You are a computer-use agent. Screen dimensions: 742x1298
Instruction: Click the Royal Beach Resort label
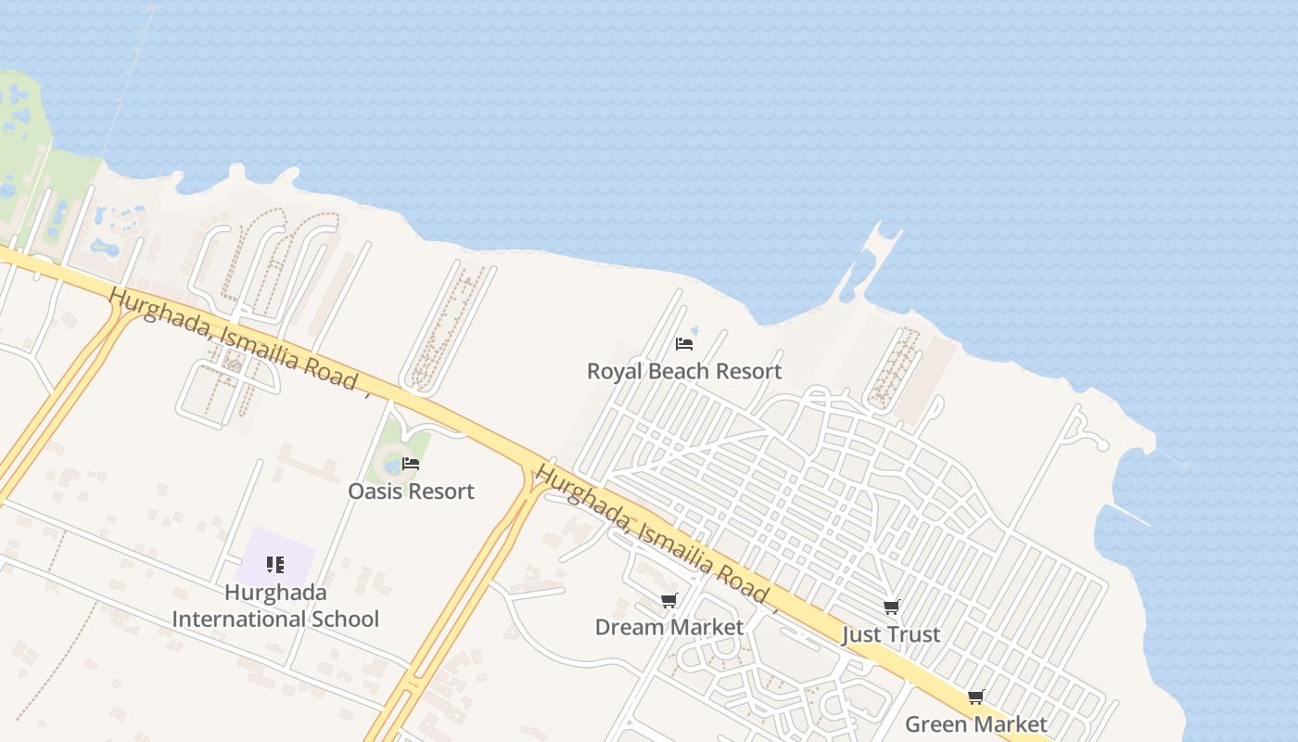coord(684,372)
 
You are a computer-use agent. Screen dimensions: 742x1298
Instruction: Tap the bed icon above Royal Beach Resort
coord(684,343)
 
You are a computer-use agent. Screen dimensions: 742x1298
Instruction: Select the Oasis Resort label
coord(411,492)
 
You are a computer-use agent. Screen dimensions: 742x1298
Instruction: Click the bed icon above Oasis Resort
coord(411,464)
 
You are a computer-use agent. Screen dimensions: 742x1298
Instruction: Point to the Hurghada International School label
coord(275,606)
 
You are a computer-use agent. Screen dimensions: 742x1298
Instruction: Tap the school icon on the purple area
coord(274,564)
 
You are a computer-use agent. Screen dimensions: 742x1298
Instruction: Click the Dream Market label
coord(668,628)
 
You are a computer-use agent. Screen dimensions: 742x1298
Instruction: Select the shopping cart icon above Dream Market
coord(668,601)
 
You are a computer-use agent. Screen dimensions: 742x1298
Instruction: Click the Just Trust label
coord(891,635)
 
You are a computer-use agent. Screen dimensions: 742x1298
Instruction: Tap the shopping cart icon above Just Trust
coord(891,608)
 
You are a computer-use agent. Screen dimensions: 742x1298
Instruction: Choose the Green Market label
coord(975,724)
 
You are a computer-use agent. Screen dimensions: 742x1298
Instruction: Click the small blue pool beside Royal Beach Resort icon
coord(694,331)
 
